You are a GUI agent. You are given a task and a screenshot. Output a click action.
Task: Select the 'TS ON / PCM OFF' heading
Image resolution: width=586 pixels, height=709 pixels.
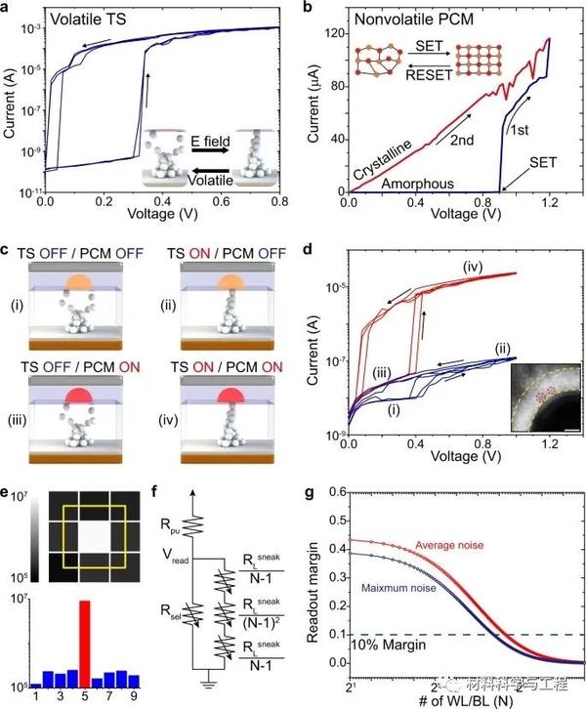point(219,250)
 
